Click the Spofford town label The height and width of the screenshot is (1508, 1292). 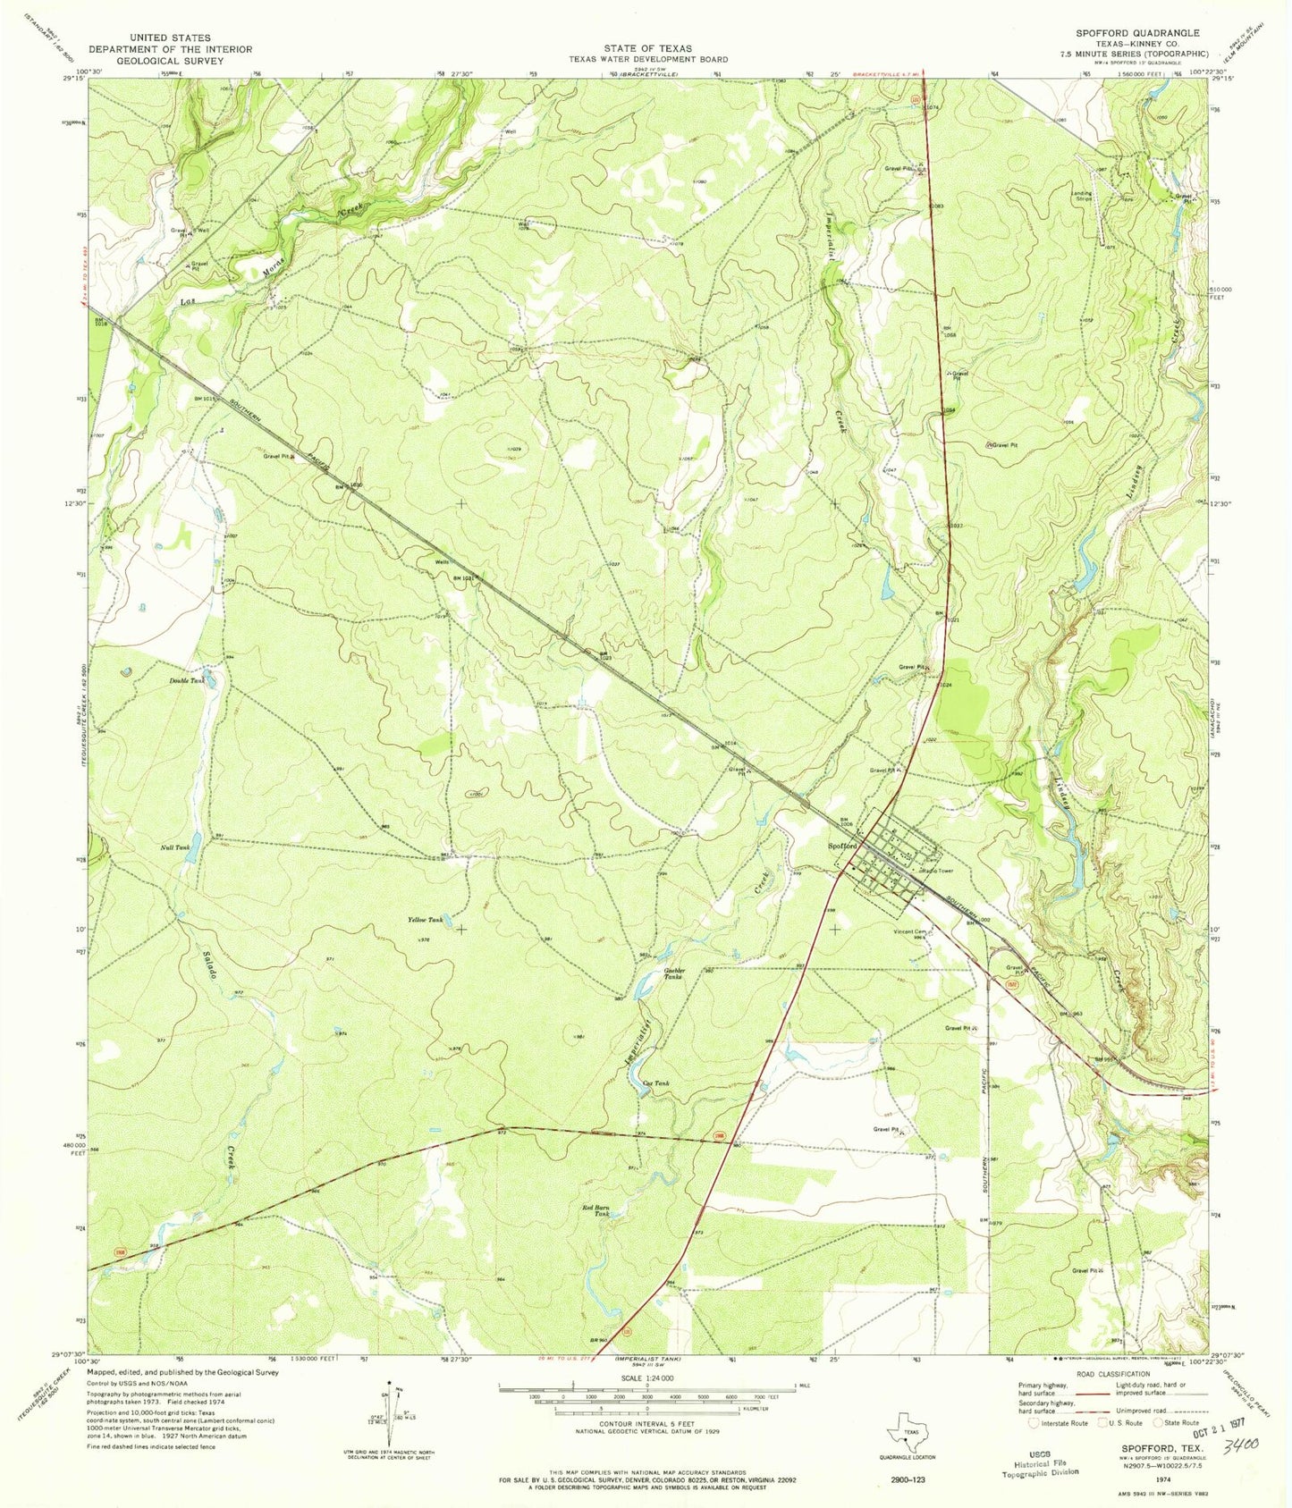(842, 846)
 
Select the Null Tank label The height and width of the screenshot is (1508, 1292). (174, 847)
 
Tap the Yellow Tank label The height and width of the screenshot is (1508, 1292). (425, 920)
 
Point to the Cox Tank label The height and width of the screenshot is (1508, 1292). (655, 1084)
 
